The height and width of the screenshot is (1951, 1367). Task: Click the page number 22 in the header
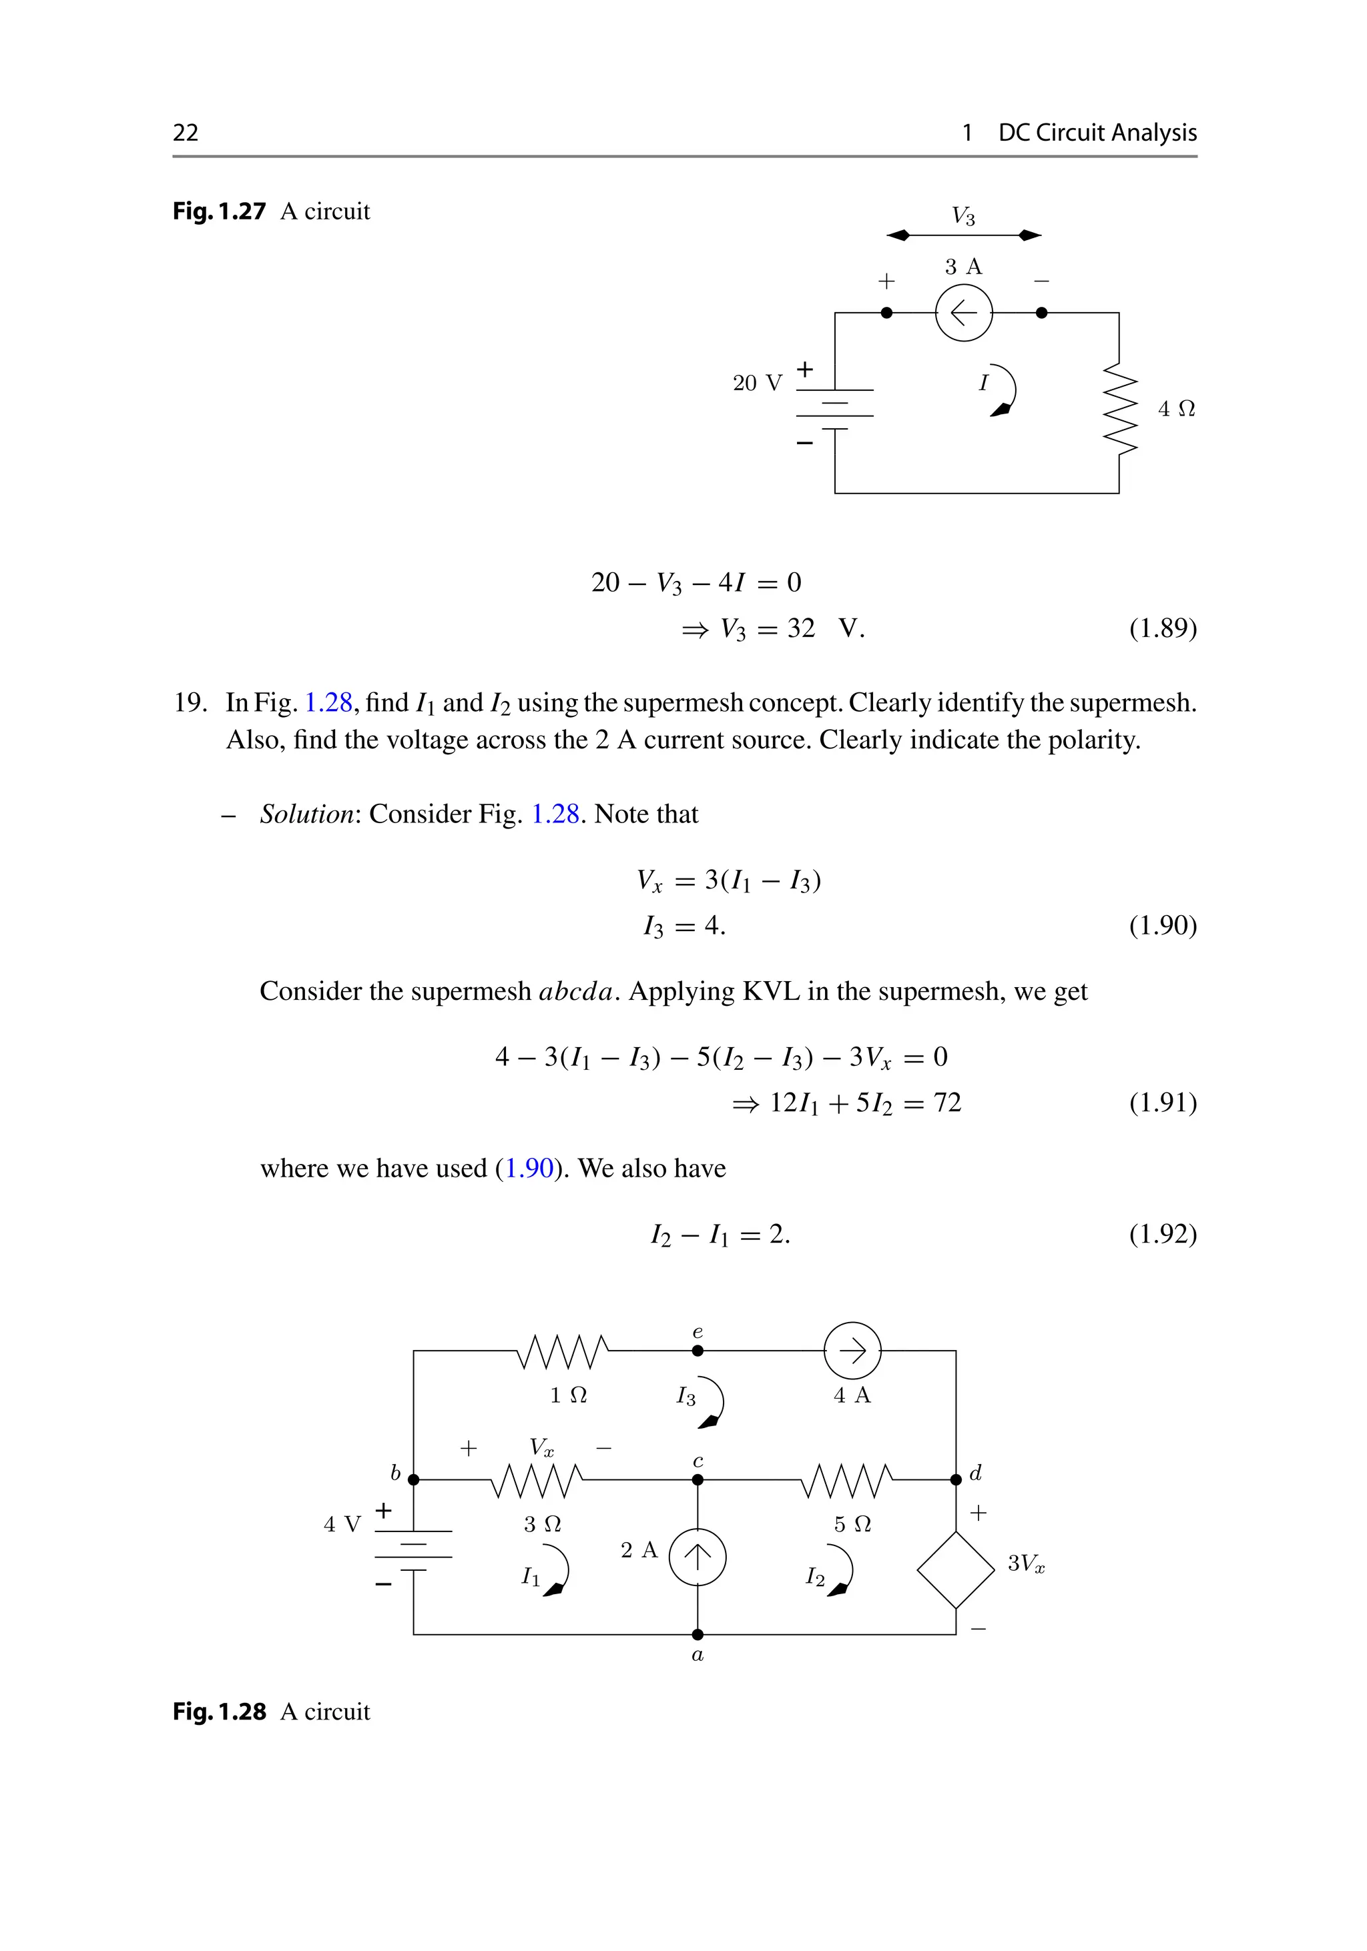pos(186,133)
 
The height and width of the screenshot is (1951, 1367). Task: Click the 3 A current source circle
pos(963,313)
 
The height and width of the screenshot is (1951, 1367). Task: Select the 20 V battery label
pos(757,384)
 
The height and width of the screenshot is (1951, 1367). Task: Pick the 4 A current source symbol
pos(852,1350)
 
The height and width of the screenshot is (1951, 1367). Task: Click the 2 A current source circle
pos(697,1557)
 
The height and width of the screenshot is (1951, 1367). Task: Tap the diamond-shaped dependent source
pos(956,1569)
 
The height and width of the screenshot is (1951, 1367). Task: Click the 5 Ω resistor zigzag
pos(847,1480)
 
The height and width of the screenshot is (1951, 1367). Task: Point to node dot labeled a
pos(697,1634)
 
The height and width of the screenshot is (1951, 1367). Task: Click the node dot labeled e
pos(697,1350)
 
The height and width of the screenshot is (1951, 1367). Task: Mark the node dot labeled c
pos(697,1479)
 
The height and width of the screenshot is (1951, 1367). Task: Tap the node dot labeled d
pos(956,1479)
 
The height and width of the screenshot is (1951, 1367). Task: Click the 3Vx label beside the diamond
pos(1025,1563)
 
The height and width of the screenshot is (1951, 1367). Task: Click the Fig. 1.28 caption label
pos(220,1712)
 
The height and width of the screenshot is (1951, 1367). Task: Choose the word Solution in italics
pos(306,814)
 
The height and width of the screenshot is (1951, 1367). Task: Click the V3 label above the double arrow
pos(963,216)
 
